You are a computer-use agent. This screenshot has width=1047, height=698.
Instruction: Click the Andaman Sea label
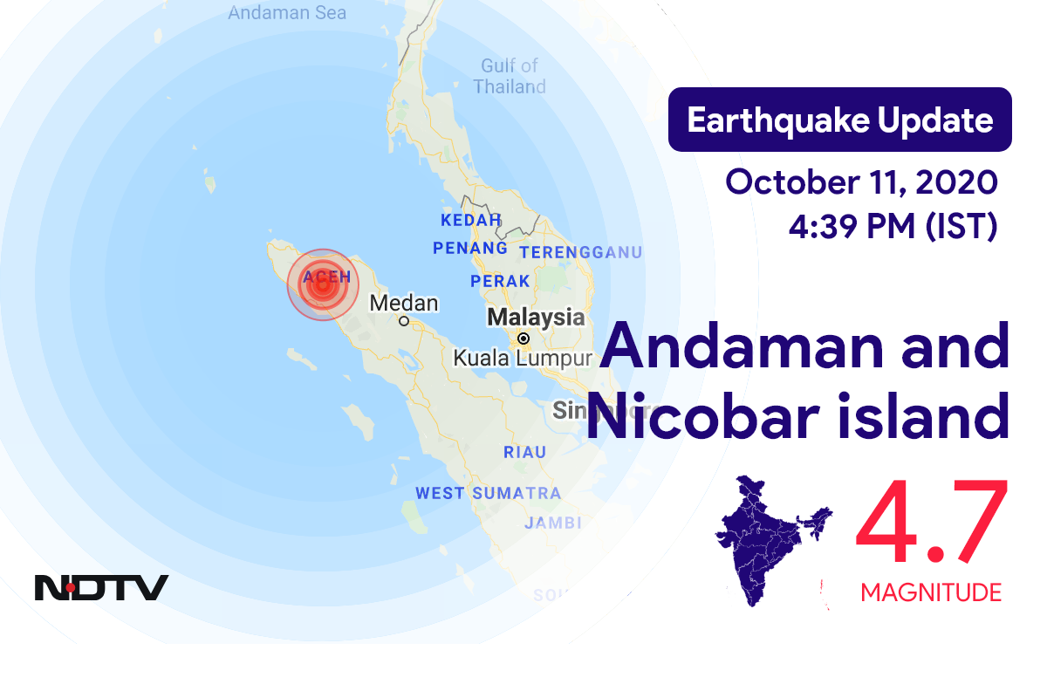286,13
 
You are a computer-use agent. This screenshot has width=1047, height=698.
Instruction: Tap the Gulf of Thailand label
510,76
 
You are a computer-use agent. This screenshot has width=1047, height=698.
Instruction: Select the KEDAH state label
471,220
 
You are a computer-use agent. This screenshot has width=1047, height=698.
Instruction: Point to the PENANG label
470,249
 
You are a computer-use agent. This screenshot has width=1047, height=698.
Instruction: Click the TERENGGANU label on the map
581,253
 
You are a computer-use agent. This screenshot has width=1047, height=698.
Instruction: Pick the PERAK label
500,281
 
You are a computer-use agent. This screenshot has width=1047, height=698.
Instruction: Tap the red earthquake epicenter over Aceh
323,284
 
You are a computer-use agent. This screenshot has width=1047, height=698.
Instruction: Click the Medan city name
404,303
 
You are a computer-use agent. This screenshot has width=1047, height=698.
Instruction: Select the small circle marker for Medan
404,321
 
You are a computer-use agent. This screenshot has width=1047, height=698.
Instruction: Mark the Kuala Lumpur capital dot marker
523,339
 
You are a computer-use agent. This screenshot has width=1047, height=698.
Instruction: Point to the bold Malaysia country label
536,317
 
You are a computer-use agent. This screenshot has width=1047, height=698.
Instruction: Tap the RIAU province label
525,452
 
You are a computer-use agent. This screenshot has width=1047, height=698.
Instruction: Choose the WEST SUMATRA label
488,494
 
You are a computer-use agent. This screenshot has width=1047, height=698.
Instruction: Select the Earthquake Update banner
839,120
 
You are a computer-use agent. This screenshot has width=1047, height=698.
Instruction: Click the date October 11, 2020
861,183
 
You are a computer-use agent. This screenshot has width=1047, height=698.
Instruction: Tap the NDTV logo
101,588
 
